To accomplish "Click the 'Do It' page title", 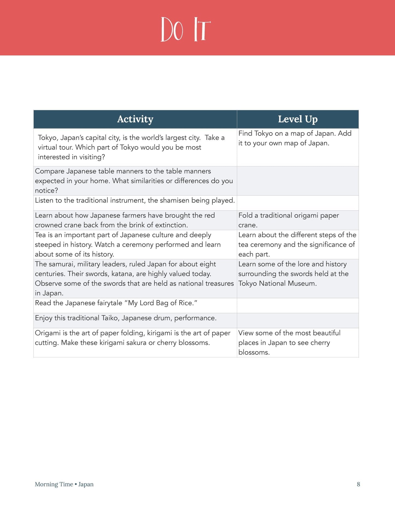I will point(186,29).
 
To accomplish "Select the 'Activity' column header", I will point(135,119).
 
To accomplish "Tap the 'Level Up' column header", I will point(297,119).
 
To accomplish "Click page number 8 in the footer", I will point(358,484).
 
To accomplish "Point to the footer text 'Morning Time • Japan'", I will point(64,484).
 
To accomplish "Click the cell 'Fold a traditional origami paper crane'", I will point(288,220).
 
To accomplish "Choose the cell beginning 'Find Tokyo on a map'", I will point(295,138).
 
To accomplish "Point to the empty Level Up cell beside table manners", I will point(297,181).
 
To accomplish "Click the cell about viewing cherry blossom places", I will point(289,343).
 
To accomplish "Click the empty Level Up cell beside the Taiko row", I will point(297,320).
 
